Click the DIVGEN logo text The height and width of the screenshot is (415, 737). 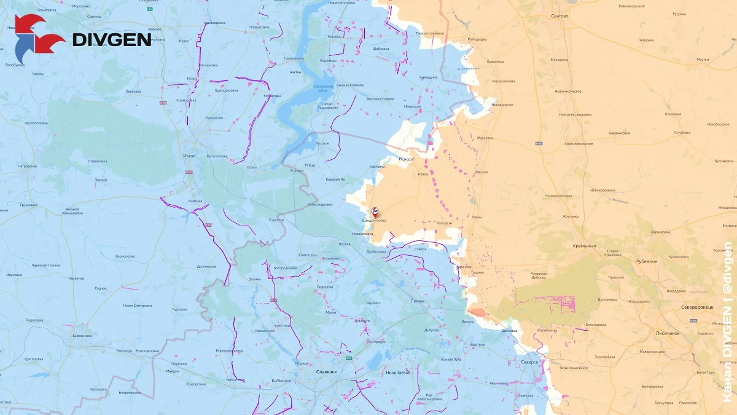pos(112,39)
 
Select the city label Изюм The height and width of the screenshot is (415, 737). pos(189,156)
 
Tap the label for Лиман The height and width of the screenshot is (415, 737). pos(418,301)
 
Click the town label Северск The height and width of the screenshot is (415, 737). pos(529,362)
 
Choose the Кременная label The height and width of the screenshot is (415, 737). pos(585,245)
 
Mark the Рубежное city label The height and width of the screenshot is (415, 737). pos(646,261)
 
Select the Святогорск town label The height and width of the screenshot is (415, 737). pos(307,255)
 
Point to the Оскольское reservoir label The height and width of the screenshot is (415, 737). pos(324,88)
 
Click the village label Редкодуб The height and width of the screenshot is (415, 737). pos(407,159)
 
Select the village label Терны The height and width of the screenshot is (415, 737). pos(476,217)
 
